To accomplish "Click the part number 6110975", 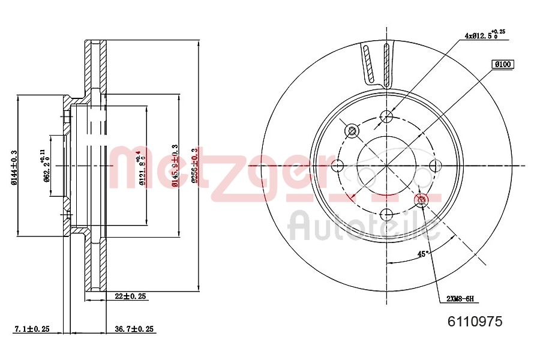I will (x=475, y=321).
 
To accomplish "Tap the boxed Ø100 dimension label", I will (x=503, y=64).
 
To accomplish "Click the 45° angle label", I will (x=422, y=254).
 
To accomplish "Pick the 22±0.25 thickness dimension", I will (x=131, y=296).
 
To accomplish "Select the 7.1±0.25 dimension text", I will (x=31, y=329).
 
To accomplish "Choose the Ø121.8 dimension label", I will (x=142, y=168).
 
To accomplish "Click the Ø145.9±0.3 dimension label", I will (x=175, y=166).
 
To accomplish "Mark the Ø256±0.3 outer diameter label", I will (x=193, y=166).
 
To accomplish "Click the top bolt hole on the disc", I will (x=387, y=116).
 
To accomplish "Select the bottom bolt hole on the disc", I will (x=387, y=214).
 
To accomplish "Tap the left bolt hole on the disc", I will (x=338, y=165).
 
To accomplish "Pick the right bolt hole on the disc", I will (x=436, y=165).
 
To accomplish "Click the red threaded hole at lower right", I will (x=421, y=199).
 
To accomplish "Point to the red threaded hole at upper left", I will (x=352, y=130).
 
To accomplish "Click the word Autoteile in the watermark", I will (x=364, y=226).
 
